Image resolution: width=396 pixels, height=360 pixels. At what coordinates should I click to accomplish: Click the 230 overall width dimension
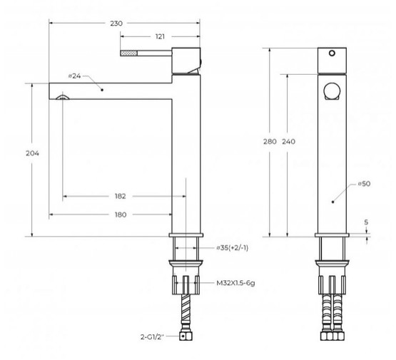(116, 24)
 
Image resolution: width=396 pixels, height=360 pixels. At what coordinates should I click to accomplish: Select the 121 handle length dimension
(160, 37)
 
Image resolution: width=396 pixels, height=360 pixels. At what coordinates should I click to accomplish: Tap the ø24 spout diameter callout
(75, 76)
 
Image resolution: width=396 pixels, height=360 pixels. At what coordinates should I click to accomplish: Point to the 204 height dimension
(32, 153)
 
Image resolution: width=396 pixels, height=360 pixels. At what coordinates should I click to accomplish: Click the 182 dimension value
(120, 196)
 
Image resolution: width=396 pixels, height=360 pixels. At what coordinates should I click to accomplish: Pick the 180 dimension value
(121, 215)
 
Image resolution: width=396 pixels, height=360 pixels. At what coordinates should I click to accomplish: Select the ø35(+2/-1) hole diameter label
(233, 248)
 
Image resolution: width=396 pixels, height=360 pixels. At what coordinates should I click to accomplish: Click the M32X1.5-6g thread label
(235, 283)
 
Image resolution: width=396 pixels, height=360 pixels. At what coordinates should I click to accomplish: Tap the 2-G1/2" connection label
(152, 336)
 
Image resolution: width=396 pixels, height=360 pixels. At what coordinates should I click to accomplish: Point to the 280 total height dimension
(270, 142)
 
